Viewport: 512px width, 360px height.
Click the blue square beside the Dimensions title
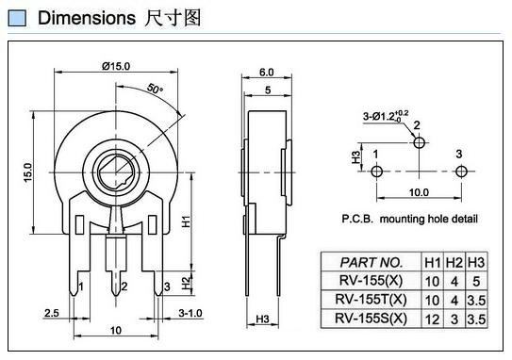tap(17, 18)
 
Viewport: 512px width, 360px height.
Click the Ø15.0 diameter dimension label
tap(116, 66)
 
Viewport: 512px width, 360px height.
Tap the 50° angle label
tap(155, 89)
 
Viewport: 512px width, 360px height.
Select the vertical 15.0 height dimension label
tap(28, 172)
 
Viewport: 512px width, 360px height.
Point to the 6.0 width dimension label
tap(267, 73)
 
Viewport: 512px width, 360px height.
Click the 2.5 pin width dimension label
tap(52, 313)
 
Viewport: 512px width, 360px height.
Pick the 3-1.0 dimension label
tap(190, 313)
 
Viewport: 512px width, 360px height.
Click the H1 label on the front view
tap(186, 221)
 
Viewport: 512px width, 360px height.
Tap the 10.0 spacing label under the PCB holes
tap(419, 192)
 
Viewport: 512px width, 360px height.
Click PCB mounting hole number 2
tap(420, 142)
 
